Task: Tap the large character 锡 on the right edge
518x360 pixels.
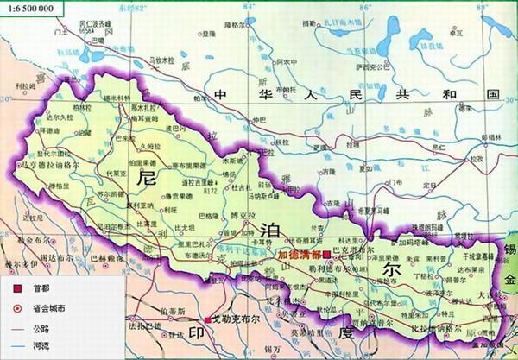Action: click(x=509, y=250)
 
